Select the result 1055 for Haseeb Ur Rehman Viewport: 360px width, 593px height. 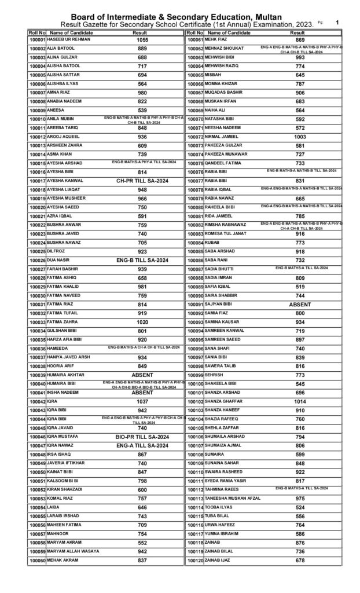coord(142,40)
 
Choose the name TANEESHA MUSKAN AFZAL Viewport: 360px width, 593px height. coord(234,498)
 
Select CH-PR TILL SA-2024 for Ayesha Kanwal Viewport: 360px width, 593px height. coord(142,181)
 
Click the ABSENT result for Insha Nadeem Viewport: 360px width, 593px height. coord(142,392)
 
